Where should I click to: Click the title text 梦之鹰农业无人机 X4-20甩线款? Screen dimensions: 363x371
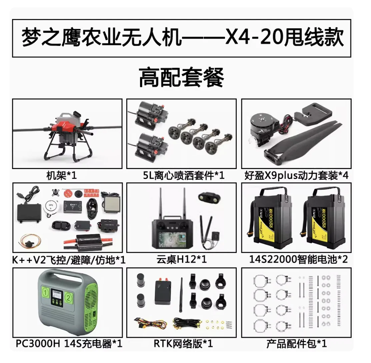[x=182, y=38]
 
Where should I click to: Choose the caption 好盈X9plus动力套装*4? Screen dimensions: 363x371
[x=296, y=175]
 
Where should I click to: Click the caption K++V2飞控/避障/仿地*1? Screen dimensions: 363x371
[x=69, y=260]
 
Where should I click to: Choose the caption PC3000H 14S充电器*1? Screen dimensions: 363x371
[x=69, y=344]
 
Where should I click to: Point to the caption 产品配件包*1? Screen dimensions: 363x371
[x=296, y=344]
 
